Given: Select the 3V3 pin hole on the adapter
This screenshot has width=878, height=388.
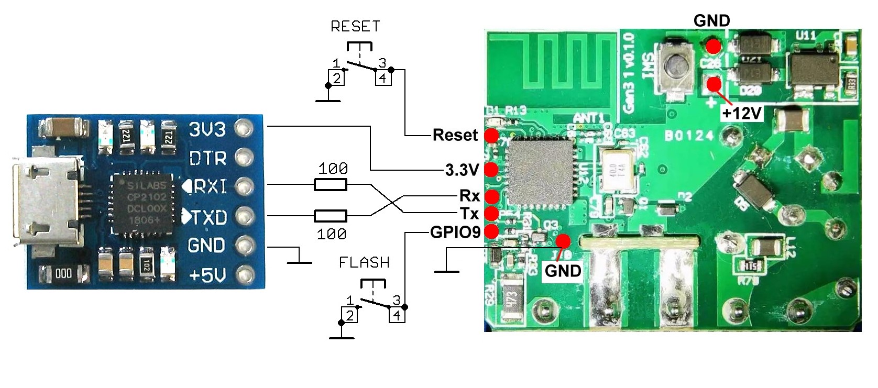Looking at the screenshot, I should [244, 128].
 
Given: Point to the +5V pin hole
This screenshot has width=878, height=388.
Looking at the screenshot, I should [244, 274].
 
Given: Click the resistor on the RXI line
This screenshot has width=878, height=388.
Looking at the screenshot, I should [330, 184].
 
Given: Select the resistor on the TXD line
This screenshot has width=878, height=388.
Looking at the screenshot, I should [330, 216].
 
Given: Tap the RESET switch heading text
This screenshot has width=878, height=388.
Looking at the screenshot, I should [355, 26].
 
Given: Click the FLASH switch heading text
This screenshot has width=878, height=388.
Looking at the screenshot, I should [364, 262].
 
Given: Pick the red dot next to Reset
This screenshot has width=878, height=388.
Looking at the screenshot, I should [491, 136].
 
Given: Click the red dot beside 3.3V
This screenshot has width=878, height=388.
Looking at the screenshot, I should [491, 170].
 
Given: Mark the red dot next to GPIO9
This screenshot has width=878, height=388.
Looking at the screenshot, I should [491, 231].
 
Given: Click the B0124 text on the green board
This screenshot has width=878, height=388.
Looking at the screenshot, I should [689, 136].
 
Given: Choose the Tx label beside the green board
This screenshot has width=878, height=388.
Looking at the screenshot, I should [469, 214].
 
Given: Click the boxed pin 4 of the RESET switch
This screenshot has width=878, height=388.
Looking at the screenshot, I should [383, 78].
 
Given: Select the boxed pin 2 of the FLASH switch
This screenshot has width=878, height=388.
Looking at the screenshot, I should [350, 315].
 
